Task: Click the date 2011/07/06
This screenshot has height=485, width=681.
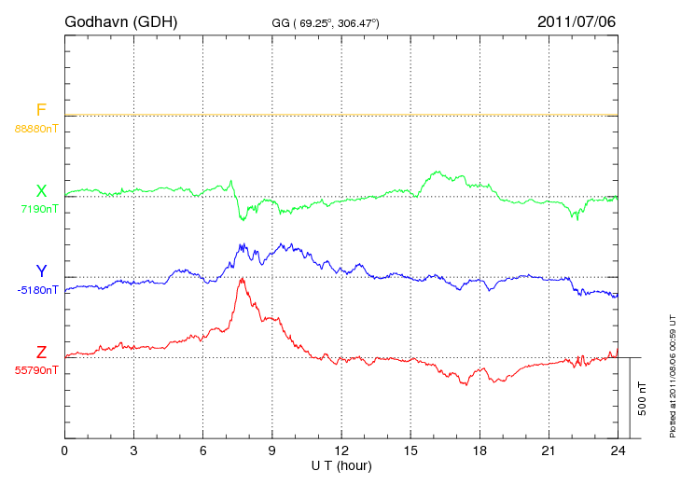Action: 577,21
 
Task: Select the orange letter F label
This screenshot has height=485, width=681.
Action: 41,110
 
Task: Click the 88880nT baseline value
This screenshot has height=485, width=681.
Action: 36,128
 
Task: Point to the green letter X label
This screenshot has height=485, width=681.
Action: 41,190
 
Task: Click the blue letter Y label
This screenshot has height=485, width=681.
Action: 41,271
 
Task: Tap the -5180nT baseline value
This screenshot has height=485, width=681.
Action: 37,290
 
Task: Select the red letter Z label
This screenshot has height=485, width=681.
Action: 41,353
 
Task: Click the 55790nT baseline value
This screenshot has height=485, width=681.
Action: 37,370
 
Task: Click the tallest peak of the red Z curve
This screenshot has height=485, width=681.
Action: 243,278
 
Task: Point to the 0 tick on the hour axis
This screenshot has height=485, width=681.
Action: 64,450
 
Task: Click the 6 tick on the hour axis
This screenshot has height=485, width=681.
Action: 203,450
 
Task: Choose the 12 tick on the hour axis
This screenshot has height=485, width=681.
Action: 341,450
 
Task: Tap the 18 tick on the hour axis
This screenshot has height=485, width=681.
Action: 479,450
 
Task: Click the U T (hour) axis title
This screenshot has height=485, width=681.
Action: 341,464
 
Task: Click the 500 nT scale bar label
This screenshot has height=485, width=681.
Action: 643,398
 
